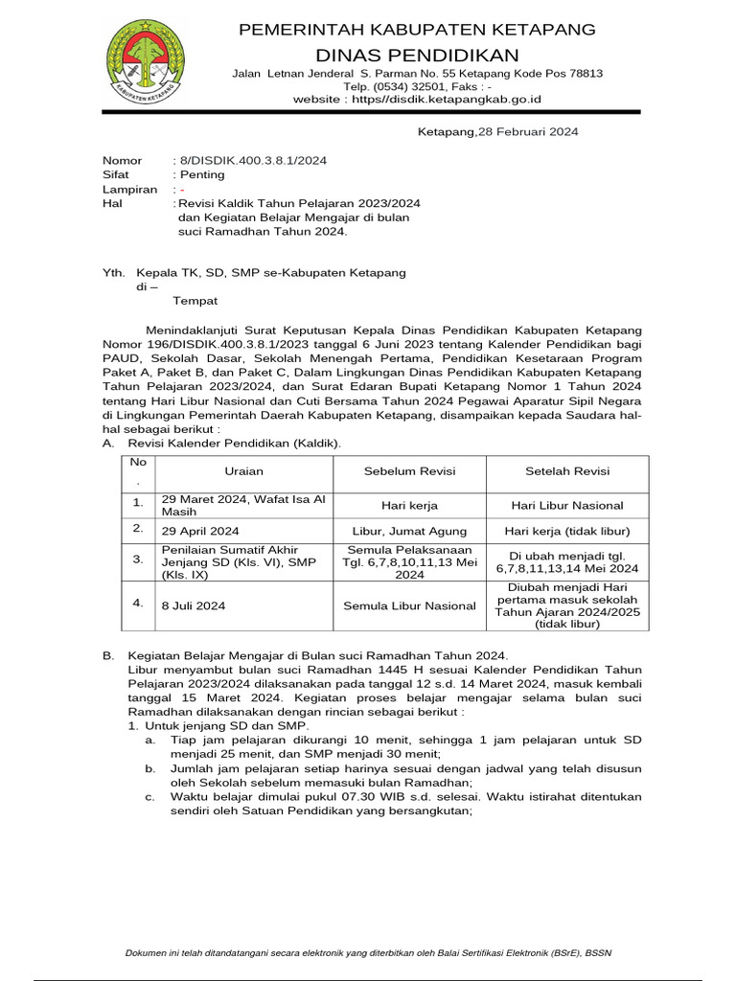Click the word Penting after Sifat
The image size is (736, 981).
coord(201,174)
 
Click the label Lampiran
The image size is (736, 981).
coord(129,190)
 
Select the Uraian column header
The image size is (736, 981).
coord(243,471)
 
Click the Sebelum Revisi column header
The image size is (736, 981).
coord(409,471)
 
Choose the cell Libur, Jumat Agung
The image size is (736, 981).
coord(409,530)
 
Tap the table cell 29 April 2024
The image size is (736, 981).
coord(200,530)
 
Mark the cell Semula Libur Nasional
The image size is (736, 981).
coord(409,605)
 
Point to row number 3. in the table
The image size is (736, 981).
coord(138,559)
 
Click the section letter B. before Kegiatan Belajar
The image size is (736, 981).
coord(108,654)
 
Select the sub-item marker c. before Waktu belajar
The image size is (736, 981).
coord(149,796)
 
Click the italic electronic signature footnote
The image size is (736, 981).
coord(368,952)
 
